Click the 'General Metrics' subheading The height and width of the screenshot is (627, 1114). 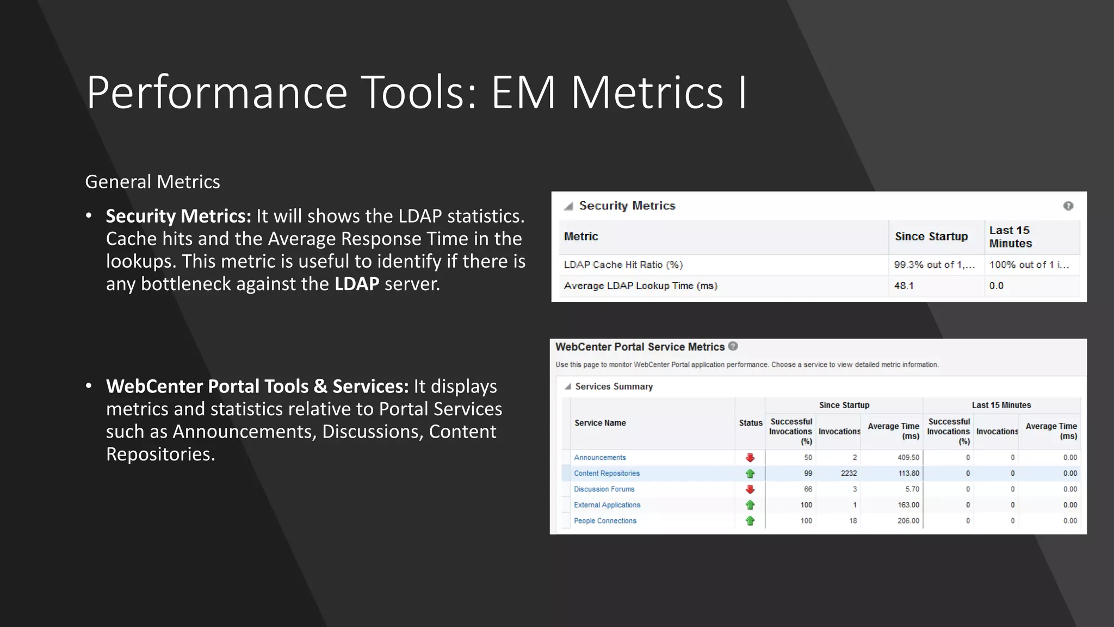point(152,182)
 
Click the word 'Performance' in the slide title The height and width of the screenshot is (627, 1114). point(216,93)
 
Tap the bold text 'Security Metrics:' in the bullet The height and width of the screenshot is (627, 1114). point(178,216)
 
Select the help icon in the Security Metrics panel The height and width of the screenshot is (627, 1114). point(1068,206)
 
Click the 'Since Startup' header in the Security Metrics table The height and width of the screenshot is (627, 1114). point(931,237)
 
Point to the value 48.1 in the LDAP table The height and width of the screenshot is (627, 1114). point(903,286)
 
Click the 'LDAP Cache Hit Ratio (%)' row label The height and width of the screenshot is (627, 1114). point(623,265)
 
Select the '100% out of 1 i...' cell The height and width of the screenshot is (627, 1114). point(1029,265)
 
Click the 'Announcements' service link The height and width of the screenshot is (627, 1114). point(599,458)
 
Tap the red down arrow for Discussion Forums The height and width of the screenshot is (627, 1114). point(750,489)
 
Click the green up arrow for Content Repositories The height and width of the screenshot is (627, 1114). point(750,474)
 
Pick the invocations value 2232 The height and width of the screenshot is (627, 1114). point(849,474)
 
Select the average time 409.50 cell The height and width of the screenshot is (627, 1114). point(908,458)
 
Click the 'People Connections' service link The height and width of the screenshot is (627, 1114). point(605,521)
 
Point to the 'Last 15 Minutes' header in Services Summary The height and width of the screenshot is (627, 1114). point(1001,405)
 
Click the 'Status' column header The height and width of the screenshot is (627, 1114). point(751,423)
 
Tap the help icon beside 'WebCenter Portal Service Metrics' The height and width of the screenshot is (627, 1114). point(733,346)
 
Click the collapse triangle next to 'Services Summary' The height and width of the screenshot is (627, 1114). point(567,386)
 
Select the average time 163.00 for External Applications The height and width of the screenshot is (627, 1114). point(908,505)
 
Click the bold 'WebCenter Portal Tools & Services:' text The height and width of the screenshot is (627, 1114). point(257,386)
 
